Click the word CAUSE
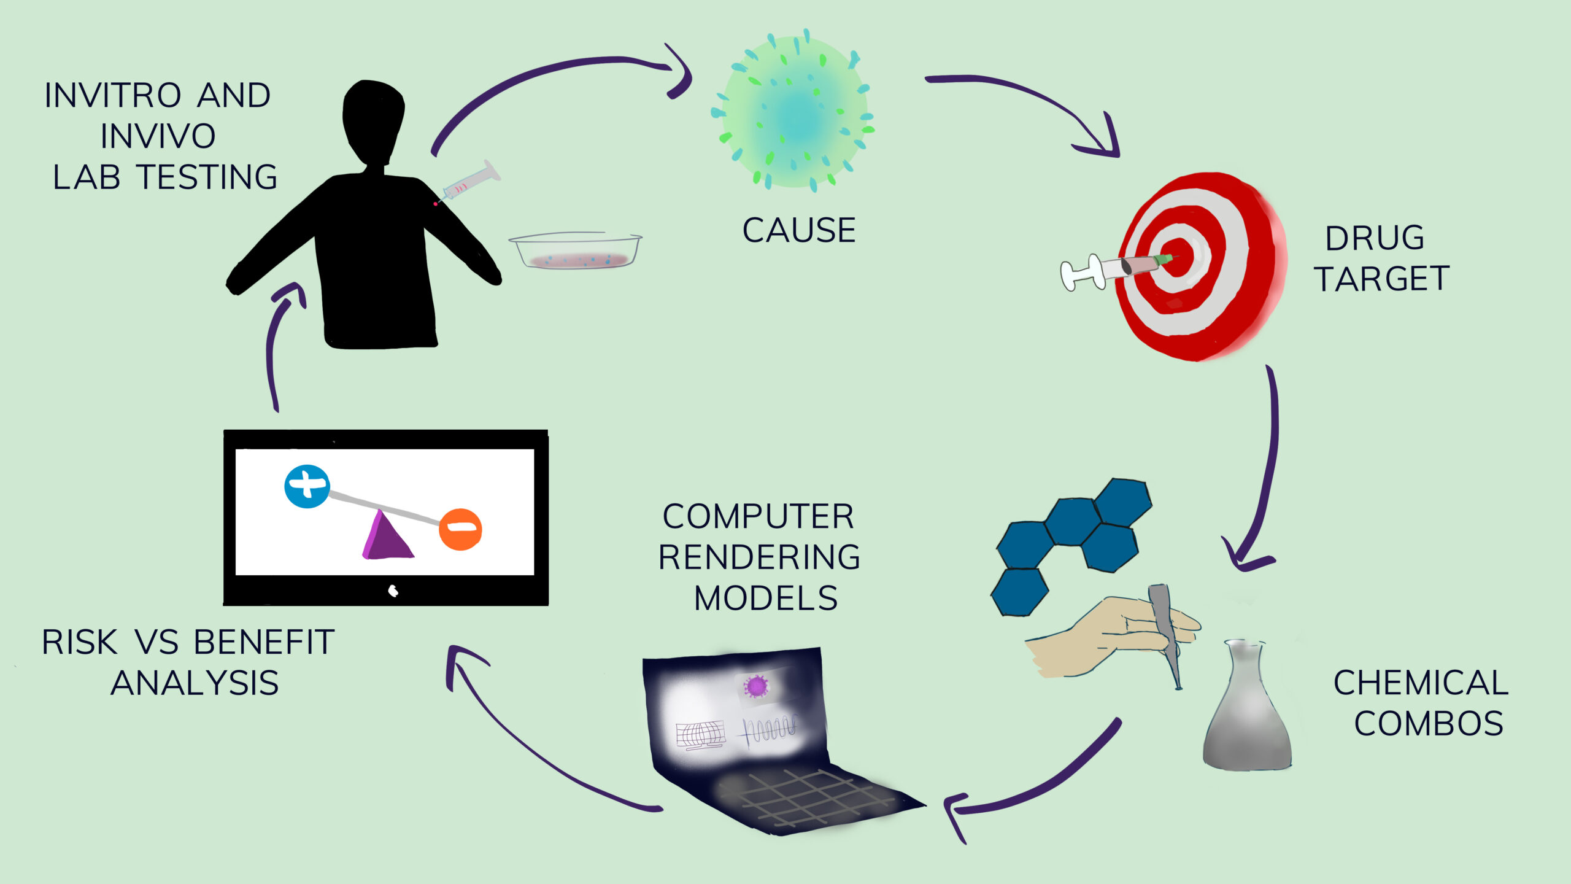pyautogui.click(x=798, y=230)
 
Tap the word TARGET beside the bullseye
pyautogui.click(x=1381, y=279)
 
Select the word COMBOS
pyautogui.click(x=1429, y=723)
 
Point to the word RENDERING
pyautogui.click(x=759, y=557)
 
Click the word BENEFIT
pyautogui.click(x=264, y=642)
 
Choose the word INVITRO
pyautogui.click(x=113, y=96)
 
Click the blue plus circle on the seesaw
pyautogui.click(x=307, y=486)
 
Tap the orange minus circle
pyautogui.click(x=460, y=529)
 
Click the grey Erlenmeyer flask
pyautogui.click(x=1247, y=706)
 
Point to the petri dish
pyautogui.click(x=575, y=250)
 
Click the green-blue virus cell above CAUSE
pyautogui.click(x=792, y=110)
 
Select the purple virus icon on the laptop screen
pyautogui.click(x=756, y=686)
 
